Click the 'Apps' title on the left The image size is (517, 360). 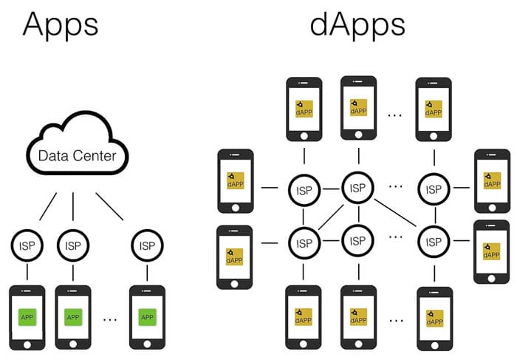[x=61, y=25]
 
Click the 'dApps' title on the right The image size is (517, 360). [x=357, y=25]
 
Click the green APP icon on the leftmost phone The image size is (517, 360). [x=27, y=317]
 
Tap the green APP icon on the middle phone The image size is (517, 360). [x=72, y=317]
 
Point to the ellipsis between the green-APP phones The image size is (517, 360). [x=110, y=319]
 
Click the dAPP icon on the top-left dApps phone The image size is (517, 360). [x=304, y=109]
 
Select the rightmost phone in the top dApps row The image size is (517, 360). [x=434, y=109]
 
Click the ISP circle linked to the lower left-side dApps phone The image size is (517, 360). [x=304, y=241]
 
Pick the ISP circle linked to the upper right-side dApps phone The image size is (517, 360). [x=433, y=188]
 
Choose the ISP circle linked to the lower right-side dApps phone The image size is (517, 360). [x=433, y=241]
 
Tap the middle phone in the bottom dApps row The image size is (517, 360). [x=358, y=318]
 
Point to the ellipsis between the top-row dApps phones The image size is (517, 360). [x=395, y=115]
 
